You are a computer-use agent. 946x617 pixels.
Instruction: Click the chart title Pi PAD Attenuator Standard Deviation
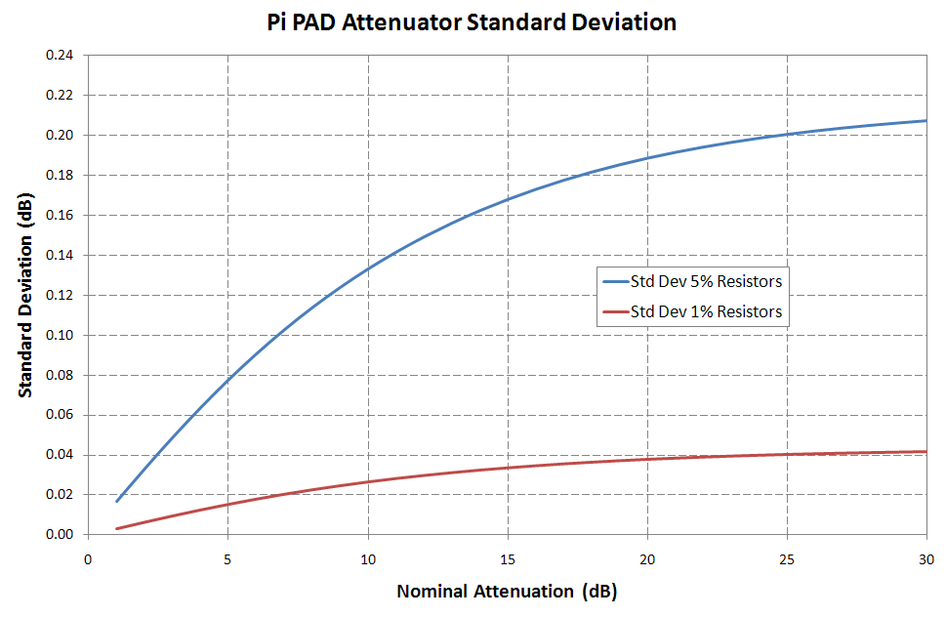(472, 22)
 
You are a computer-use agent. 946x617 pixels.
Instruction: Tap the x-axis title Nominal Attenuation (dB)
(507, 591)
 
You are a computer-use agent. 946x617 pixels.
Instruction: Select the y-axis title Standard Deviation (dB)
(26, 294)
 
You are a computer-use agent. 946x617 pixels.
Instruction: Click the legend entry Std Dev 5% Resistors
(706, 282)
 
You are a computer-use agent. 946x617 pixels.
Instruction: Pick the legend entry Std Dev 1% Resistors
(706, 312)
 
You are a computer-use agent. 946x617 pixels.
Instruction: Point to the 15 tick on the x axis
(507, 558)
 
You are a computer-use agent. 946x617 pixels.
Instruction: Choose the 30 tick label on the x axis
(925, 558)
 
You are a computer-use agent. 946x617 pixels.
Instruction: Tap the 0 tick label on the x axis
(88, 558)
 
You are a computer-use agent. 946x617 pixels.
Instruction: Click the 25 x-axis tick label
(786, 558)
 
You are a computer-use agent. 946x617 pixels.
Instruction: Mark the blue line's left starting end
(116, 502)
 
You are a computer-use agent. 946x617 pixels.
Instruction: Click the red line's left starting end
(116, 529)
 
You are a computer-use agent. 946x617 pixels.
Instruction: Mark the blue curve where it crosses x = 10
(367, 268)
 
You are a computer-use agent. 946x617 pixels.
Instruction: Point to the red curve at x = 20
(646, 459)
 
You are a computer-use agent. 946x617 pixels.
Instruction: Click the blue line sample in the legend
(614, 282)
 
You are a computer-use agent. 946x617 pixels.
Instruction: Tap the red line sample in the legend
(614, 312)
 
